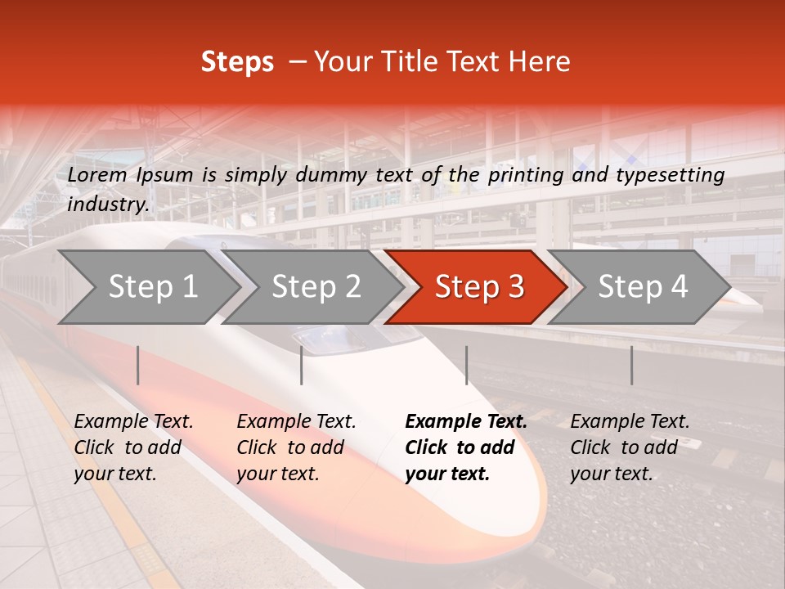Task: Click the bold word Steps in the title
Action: (237, 62)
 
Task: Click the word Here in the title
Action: (540, 62)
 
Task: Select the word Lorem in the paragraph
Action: (97, 174)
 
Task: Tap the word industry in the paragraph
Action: (107, 205)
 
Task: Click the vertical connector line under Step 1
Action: (138, 365)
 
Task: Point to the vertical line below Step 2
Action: (302, 365)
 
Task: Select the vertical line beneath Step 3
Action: (466, 365)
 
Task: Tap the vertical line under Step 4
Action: (631, 365)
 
